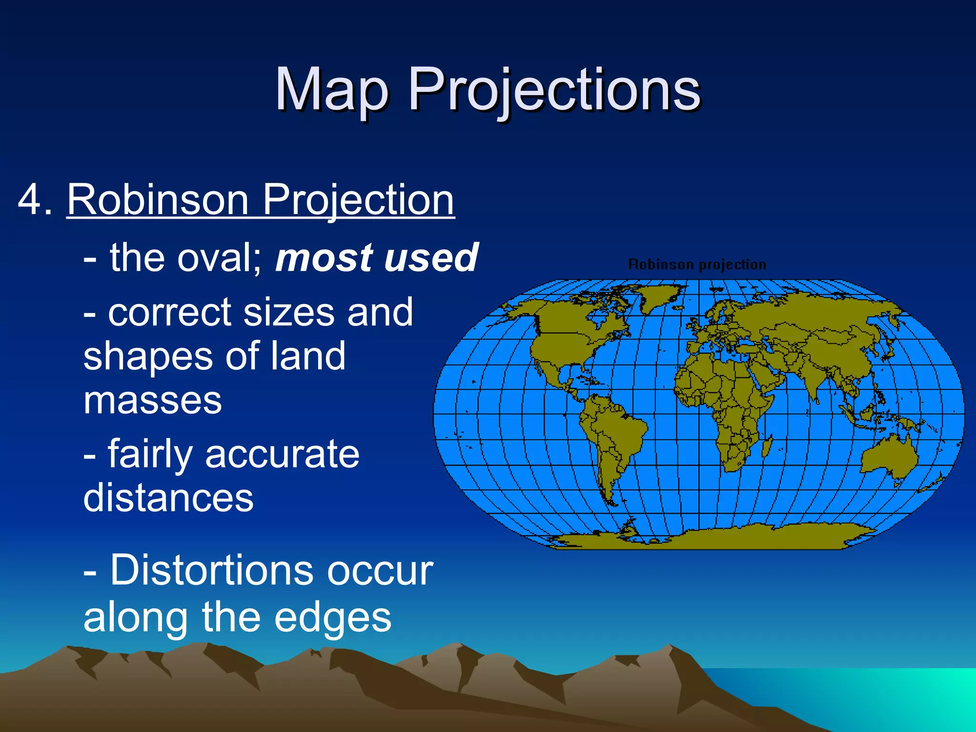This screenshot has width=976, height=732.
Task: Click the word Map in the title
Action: (x=332, y=90)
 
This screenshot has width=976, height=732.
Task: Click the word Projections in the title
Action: (x=554, y=90)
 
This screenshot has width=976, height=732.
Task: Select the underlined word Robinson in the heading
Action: (x=157, y=199)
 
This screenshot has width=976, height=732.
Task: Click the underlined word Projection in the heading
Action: (x=358, y=199)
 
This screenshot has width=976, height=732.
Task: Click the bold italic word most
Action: (x=324, y=258)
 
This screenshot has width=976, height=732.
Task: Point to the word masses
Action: (x=152, y=400)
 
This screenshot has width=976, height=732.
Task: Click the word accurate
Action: (x=282, y=454)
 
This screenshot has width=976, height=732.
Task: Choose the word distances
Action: (x=168, y=498)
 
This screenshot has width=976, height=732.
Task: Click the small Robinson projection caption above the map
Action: (x=697, y=264)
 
